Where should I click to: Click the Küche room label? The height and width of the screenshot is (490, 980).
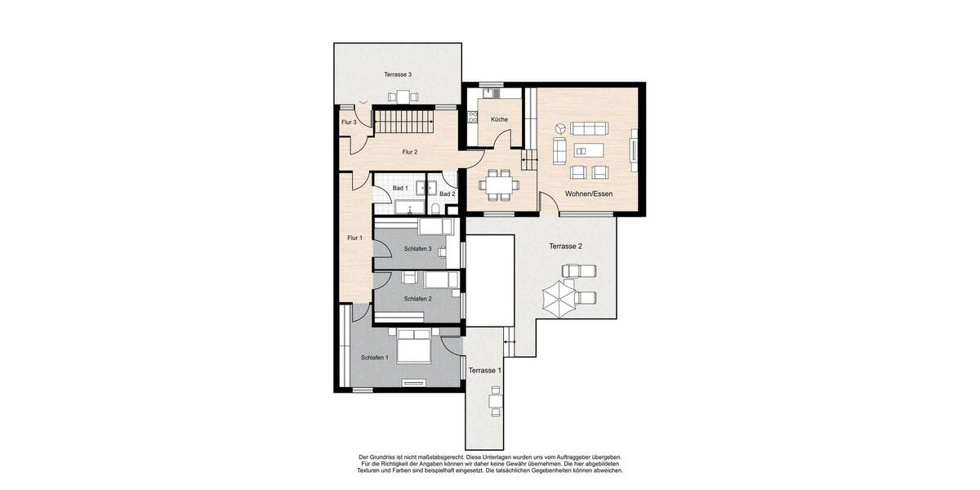tap(499, 119)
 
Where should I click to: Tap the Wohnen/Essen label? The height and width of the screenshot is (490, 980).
tap(589, 194)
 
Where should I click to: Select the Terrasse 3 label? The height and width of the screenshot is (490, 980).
tap(398, 74)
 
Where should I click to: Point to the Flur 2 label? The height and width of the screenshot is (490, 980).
tap(410, 152)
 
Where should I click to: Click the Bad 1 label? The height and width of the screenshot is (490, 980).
tap(400, 188)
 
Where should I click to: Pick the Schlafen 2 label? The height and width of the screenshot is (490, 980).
tap(417, 299)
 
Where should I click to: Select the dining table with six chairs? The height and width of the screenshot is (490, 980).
tap(497, 184)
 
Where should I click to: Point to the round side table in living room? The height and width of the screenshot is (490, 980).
tap(560, 128)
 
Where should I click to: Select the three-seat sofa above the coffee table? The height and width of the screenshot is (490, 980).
tap(589, 128)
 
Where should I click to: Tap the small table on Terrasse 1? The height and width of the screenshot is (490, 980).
tap(494, 401)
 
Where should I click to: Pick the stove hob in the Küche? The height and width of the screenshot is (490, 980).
tap(471, 119)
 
